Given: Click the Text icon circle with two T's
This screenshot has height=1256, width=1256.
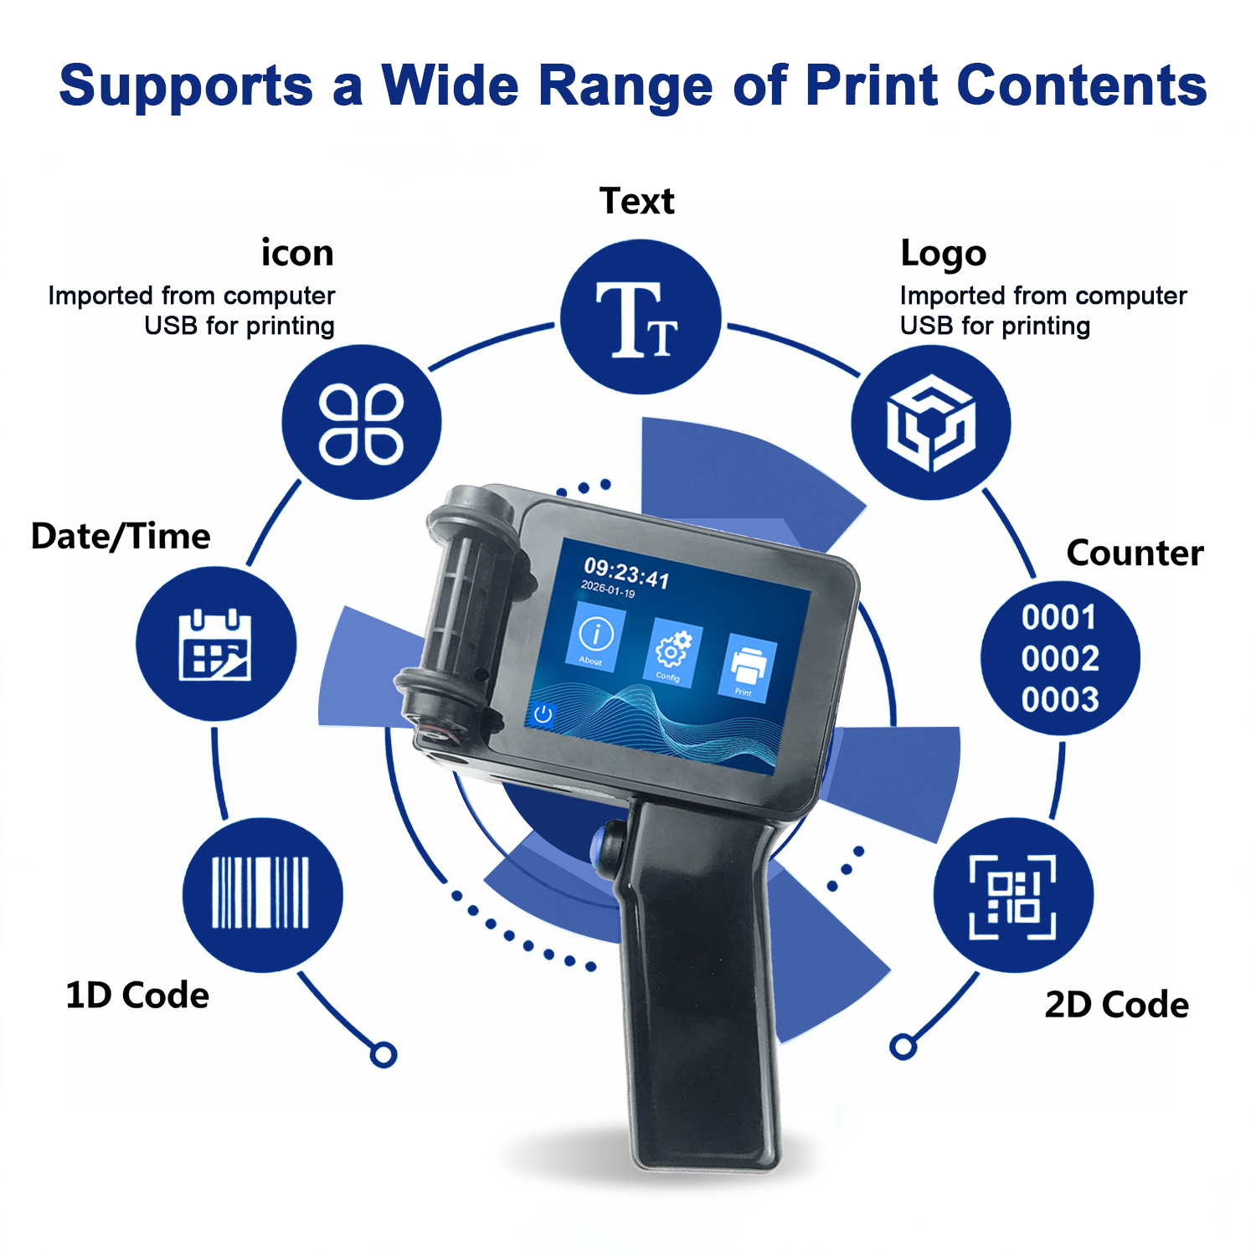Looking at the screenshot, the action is [641, 317].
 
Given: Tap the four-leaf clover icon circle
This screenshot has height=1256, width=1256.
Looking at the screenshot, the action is [361, 422].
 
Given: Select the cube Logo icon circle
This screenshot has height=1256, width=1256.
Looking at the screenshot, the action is [931, 423].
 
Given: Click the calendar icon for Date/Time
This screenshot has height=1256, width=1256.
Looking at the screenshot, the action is [216, 644].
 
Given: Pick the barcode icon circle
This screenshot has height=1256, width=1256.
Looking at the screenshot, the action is [262, 894].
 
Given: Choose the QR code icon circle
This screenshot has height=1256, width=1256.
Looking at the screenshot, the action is [1013, 894].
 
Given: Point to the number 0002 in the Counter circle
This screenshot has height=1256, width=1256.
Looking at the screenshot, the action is [1060, 659].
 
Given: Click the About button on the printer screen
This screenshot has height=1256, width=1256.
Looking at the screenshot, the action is [595, 638].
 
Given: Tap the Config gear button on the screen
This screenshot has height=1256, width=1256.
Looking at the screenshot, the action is [672, 654].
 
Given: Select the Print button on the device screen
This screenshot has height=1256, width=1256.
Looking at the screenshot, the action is [748, 667].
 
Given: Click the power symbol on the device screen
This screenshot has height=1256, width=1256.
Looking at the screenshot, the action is [543, 714].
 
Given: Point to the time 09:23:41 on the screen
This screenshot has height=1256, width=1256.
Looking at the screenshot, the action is [626, 573].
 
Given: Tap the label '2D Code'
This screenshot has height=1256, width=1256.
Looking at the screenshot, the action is [1116, 1005].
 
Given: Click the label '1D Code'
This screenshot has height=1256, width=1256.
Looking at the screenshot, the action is [137, 996].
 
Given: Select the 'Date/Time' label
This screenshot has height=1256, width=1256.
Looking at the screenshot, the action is [121, 537].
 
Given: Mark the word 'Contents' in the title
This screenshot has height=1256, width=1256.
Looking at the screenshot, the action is [1082, 85].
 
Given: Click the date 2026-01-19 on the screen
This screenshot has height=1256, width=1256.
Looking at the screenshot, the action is [608, 589].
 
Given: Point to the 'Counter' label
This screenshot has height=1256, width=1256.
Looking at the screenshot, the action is [1135, 553].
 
